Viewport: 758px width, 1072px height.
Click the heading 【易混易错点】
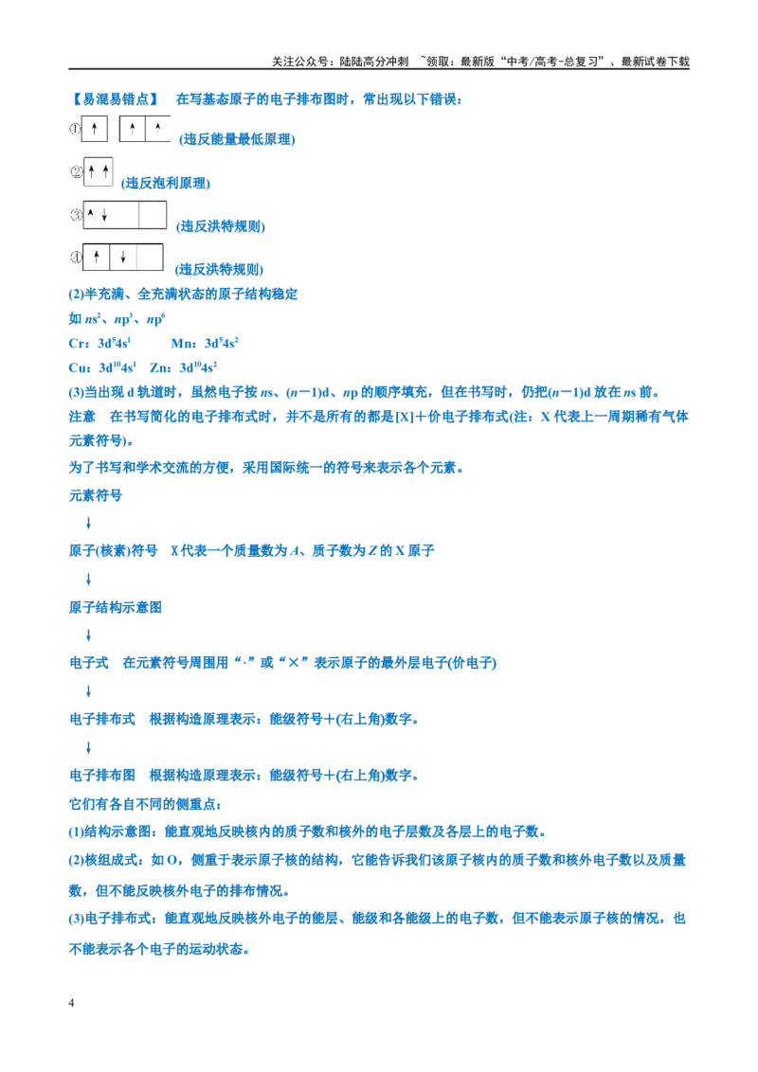[x=115, y=99]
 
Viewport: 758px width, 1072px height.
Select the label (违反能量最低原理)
[x=237, y=139]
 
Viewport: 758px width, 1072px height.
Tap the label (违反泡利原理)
[x=166, y=183]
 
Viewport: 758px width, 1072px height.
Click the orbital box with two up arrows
[x=98, y=171]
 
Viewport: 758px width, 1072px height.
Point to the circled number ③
[x=76, y=215]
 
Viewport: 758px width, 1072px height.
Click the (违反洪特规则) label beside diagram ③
[x=220, y=226]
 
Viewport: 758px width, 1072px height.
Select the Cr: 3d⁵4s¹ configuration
[x=99, y=343]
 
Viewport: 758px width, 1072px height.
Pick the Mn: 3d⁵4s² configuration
[x=205, y=343]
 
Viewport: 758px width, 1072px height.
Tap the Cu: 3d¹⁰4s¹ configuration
[x=102, y=367]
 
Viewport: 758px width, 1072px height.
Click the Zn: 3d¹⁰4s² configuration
[x=184, y=367]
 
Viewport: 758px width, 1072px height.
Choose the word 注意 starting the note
[x=82, y=417]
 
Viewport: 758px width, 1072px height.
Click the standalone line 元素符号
[x=95, y=495]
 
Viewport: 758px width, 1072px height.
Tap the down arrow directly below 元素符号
[x=88, y=524]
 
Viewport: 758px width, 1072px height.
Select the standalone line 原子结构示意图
[x=115, y=608]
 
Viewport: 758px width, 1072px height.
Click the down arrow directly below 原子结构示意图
[x=88, y=635]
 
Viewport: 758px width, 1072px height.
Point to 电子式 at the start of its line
[x=89, y=663]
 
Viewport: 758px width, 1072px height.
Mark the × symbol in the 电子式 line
[x=294, y=663]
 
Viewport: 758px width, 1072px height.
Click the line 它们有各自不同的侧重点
[x=145, y=804]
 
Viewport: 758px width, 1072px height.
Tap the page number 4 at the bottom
[x=71, y=1003]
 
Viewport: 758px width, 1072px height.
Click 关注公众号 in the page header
[x=299, y=62]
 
